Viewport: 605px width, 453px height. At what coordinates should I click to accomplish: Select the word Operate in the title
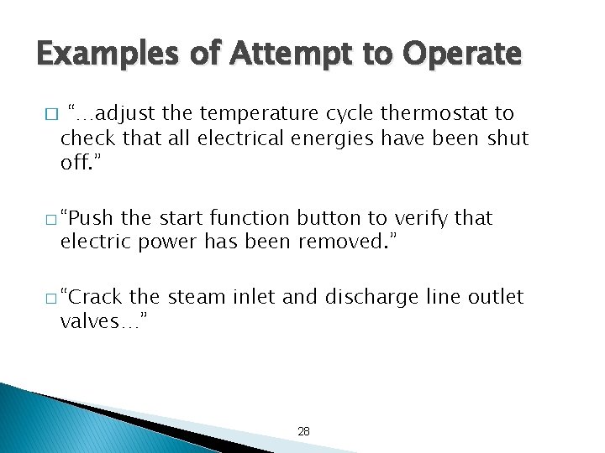(x=463, y=55)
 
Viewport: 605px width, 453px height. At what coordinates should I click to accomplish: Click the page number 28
(x=303, y=431)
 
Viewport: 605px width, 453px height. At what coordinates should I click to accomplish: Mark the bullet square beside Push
(x=51, y=219)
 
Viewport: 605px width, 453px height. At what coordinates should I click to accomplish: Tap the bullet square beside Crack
(x=51, y=297)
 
